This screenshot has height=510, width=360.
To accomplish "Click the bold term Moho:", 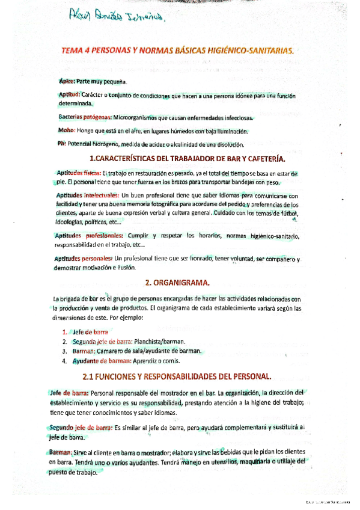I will [67, 131].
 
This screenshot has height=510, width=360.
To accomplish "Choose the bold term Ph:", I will [63, 144].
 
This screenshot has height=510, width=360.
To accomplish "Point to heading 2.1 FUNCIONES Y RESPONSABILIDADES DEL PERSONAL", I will [177, 376].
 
